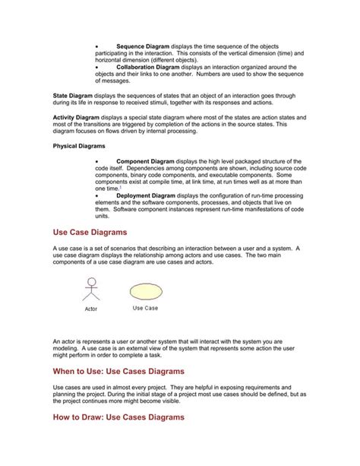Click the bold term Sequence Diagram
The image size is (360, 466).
(143, 46)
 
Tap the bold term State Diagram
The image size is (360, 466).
(72, 96)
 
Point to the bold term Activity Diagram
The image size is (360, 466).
(76, 118)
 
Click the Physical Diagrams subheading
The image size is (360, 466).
(79, 145)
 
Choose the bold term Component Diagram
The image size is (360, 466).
(145, 162)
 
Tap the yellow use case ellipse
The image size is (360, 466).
(145, 291)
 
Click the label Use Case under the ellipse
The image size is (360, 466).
(145, 308)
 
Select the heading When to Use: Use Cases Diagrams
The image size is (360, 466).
(118, 371)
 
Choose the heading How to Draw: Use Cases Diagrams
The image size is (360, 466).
(118, 417)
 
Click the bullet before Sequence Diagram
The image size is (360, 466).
(97, 46)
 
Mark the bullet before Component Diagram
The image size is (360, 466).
(97, 162)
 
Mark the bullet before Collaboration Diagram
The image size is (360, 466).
(97, 67)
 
